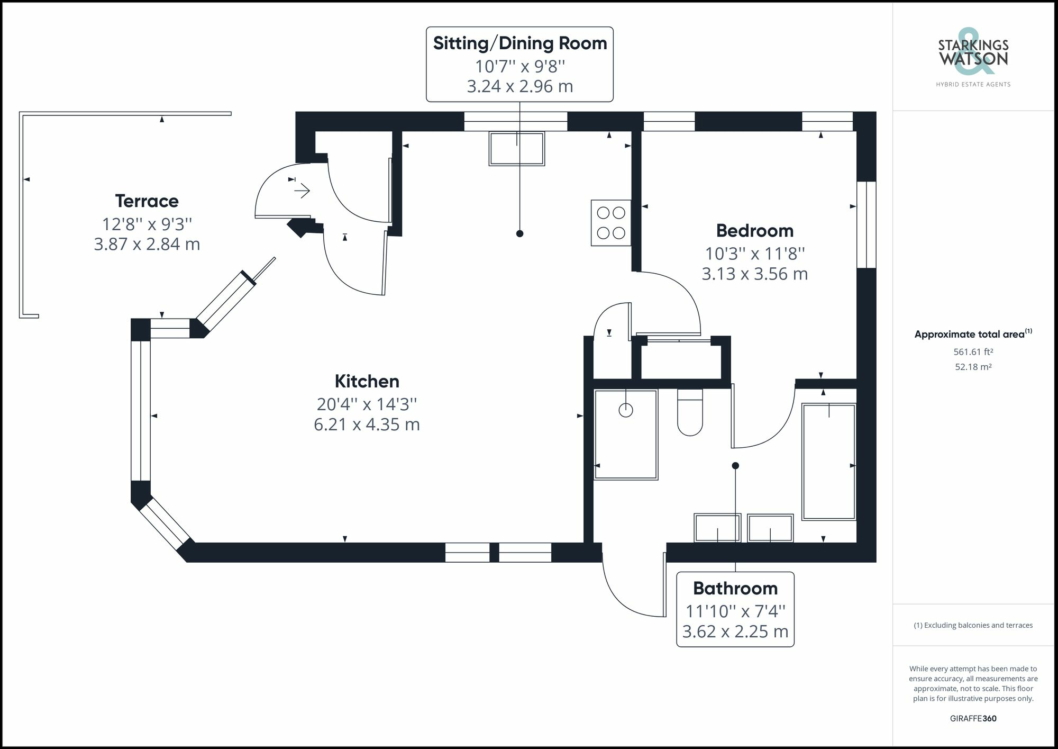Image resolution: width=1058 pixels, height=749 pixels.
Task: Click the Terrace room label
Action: (x=147, y=201)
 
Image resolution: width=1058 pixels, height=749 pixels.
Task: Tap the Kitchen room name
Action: (x=367, y=381)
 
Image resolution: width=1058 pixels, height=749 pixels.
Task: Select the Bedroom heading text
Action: (x=754, y=231)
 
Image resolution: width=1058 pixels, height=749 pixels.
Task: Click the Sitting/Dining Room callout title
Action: (x=519, y=43)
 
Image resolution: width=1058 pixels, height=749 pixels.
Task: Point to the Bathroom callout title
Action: (x=735, y=589)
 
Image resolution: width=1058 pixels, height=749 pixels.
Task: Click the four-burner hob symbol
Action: (x=611, y=223)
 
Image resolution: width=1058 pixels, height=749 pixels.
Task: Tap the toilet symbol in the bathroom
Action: (x=690, y=412)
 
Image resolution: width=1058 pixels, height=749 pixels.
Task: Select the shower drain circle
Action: (x=626, y=410)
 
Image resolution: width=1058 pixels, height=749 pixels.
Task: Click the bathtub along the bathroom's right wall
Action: (x=828, y=462)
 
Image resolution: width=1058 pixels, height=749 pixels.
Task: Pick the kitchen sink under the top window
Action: (x=517, y=149)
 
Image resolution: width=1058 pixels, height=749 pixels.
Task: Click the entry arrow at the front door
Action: (x=302, y=190)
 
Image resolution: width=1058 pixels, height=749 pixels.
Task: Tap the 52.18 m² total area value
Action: (x=973, y=367)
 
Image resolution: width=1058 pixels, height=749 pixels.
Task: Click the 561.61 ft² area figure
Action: (x=973, y=351)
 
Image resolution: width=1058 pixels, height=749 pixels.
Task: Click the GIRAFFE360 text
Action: (x=973, y=718)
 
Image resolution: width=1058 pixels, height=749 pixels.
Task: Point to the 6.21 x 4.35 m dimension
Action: (x=367, y=425)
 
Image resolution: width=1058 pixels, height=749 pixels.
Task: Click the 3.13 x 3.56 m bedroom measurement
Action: (x=754, y=274)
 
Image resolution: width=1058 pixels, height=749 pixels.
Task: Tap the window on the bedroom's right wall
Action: (x=866, y=225)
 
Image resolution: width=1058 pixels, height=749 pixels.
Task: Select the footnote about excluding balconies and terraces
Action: (x=973, y=625)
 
